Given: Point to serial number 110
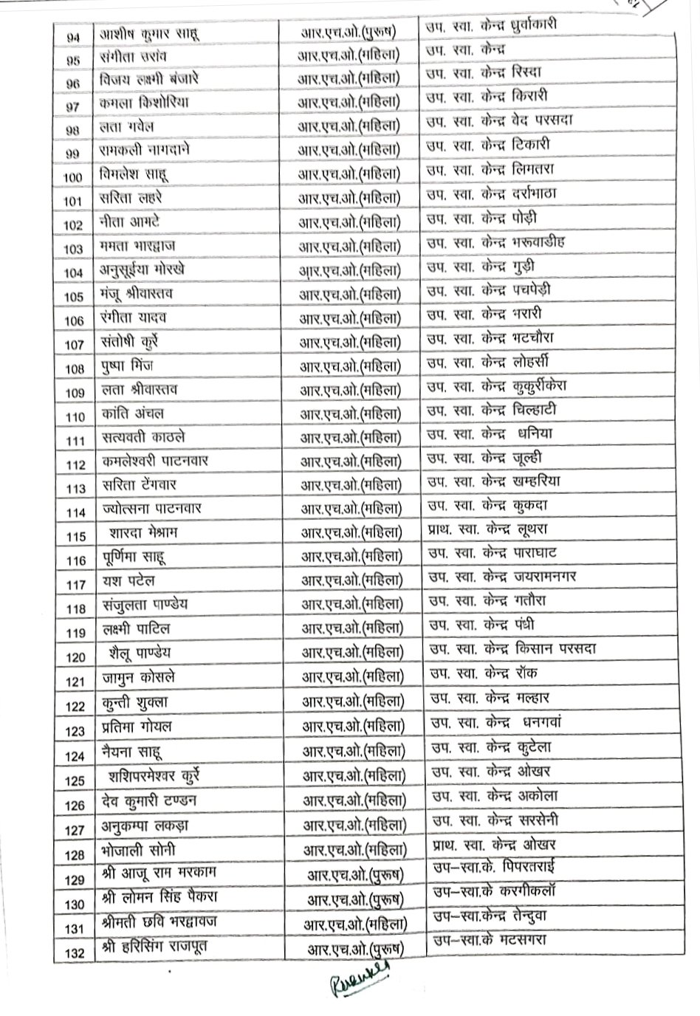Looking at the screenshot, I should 76,416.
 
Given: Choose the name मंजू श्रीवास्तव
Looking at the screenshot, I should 138,293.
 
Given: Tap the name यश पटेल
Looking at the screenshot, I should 129,581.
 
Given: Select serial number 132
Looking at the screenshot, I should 75,952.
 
